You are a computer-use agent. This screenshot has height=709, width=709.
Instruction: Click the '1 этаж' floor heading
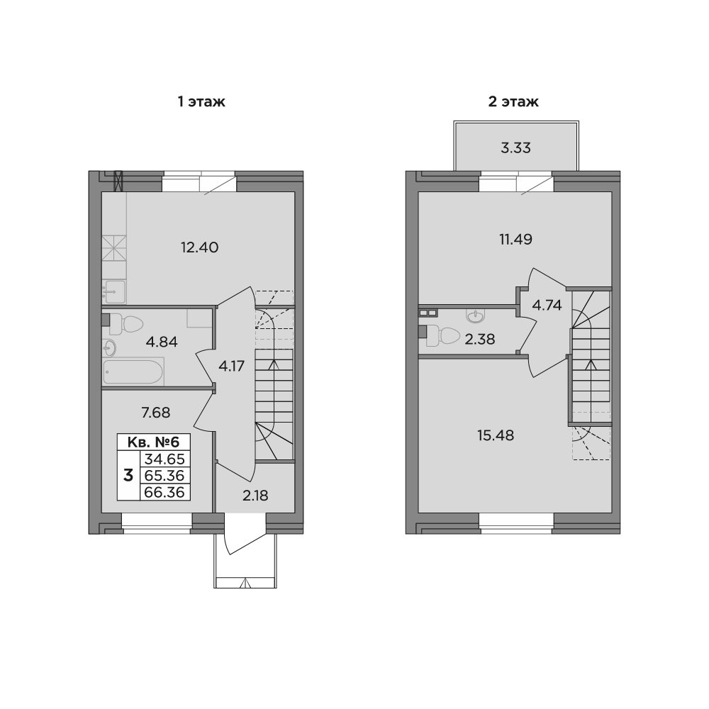pyautogui.click(x=201, y=102)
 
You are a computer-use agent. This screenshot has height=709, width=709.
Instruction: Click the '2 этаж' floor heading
pyautogui.click(x=513, y=102)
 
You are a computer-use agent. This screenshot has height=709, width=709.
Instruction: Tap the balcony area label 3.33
pyautogui.click(x=515, y=148)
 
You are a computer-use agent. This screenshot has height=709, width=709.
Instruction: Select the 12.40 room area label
pyautogui.click(x=199, y=247)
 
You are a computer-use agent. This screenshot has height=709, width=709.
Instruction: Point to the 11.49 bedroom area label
pyautogui.click(x=515, y=239)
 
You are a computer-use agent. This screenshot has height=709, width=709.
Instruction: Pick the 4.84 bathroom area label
pyautogui.click(x=162, y=342)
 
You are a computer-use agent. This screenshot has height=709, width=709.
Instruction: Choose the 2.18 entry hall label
pyautogui.click(x=255, y=495)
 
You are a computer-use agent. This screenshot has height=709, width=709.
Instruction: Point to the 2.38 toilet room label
pyautogui.click(x=479, y=339)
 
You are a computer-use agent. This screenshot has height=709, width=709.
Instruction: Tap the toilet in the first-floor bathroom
pyautogui.click(x=128, y=324)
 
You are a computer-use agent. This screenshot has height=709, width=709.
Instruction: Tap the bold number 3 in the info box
pyautogui.click(x=128, y=475)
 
